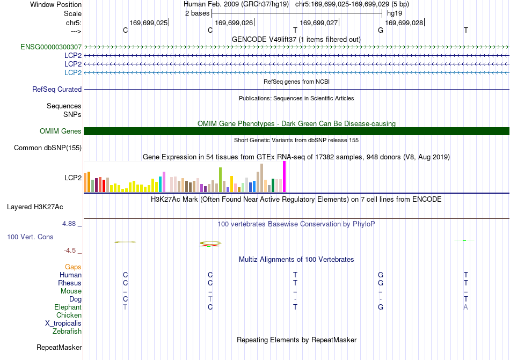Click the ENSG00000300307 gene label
pos(51,47)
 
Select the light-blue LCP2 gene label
pos(73,72)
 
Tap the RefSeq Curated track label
pos(57,90)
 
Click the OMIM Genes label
pos(61,131)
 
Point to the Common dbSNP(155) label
pos(48,148)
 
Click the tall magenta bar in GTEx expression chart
pos(285,177)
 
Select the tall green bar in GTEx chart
pos(221,180)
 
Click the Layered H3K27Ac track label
pos(35,207)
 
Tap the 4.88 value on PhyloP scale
pos(69,224)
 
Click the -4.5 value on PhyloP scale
pos(70,251)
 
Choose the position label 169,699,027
pos(319,23)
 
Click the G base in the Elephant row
pos(381,307)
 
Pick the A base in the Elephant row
pos(466,307)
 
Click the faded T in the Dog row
pos(210,299)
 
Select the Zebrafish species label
pos(67,332)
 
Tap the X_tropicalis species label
pos(63,324)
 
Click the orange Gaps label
pos(73,267)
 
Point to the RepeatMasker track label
pos(59,348)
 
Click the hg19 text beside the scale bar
pos(395,13)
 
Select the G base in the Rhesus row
pos(381,283)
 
